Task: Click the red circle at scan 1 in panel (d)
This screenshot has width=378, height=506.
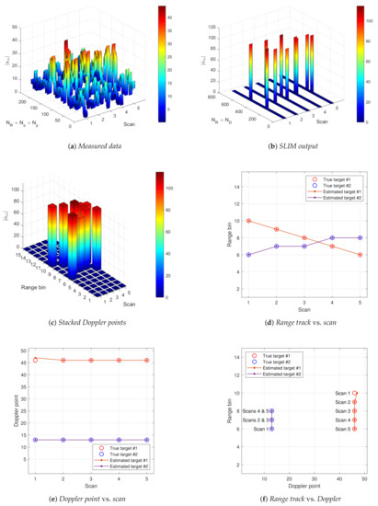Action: pos(223,221)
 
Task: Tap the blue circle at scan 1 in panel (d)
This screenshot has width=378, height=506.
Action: pos(223,255)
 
